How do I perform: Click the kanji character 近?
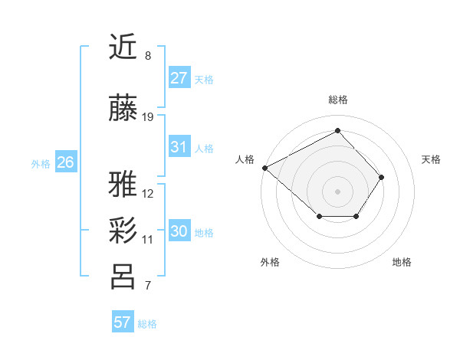123,47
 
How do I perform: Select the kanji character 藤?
123,109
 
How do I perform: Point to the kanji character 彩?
123,230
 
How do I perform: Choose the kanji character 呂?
123,277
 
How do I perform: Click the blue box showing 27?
179,78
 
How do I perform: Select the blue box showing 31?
179,147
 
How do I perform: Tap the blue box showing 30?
179,231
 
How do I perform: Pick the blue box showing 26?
65,162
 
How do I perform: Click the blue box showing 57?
122,322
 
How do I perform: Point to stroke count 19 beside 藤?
147,117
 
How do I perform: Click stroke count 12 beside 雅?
147,194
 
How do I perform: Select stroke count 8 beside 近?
147,56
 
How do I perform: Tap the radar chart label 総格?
337,100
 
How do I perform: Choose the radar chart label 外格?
270,262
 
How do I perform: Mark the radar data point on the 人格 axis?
264,168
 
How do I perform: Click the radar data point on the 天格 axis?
382,177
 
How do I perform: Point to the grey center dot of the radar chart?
337,191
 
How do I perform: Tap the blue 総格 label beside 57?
147,324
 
